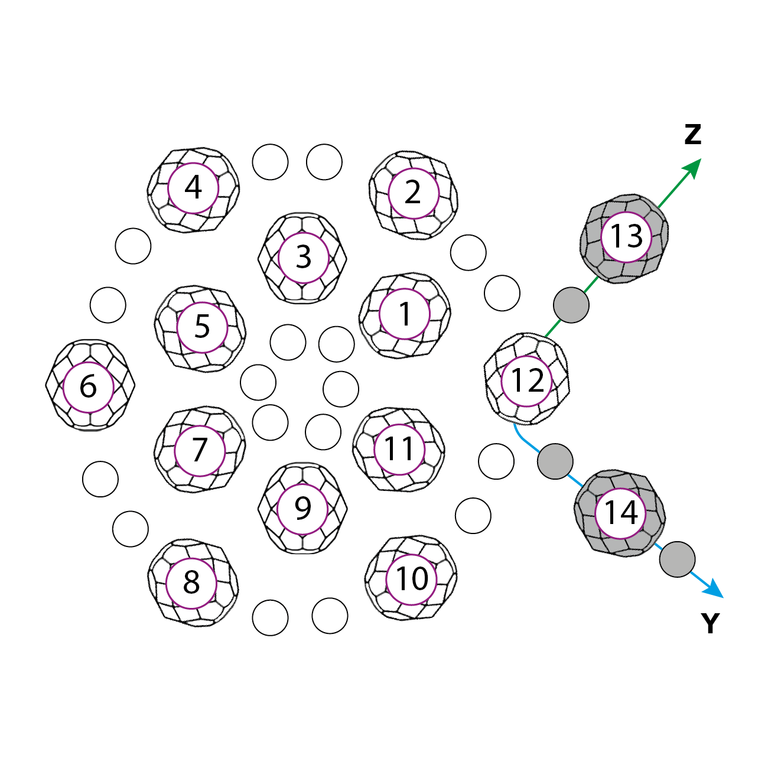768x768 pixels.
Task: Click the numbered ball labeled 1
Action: click(x=405, y=314)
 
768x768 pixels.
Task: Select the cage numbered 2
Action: click(x=414, y=193)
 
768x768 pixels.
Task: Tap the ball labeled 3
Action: click(x=302, y=258)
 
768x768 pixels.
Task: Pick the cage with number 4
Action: click(x=193, y=188)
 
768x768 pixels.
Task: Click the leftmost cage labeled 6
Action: click(x=89, y=386)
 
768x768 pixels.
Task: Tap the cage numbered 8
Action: click(x=191, y=583)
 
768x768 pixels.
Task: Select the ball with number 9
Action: click(x=302, y=509)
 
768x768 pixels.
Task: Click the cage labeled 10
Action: click(x=411, y=579)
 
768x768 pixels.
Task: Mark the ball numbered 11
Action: click(x=399, y=450)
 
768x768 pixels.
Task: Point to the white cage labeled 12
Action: click(x=526, y=380)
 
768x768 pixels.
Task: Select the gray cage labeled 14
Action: click(x=620, y=513)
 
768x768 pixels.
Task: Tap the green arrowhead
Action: click(x=693, y=167)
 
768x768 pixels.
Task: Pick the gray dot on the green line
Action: click(x=571, y=305)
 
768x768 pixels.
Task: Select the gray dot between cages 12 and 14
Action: click(x=555, y=461)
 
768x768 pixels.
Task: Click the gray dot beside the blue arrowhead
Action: click(x=677, y=559)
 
